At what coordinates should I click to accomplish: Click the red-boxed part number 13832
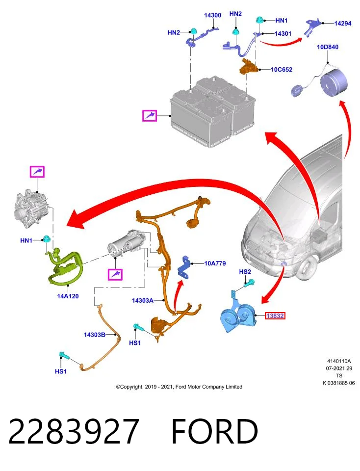(x=275, y=315)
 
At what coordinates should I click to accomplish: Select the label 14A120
(x=68, y=296)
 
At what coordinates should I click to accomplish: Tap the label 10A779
(x=215, y=263)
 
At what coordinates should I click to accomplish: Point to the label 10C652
(x=282, y=69)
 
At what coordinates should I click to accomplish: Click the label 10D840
(x=328, y=47)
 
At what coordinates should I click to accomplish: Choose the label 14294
(x=343, y=23)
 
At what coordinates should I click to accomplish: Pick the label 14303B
(x=95, y=335)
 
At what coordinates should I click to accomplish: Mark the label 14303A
(x=143, y=300)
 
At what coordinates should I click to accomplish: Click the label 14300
(x=212, y=15)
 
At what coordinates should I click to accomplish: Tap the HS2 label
(x=245, y=271)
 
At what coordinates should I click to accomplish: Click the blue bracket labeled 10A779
(x=184, y=267)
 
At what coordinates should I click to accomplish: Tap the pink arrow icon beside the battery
(x=150, y=115)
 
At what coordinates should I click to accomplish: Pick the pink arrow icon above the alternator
(x=37, y=172)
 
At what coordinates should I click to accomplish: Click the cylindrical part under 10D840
(x=334, y=82)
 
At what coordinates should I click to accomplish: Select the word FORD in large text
(x=215, y=431)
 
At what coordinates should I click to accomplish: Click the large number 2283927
(x=74, y=431)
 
